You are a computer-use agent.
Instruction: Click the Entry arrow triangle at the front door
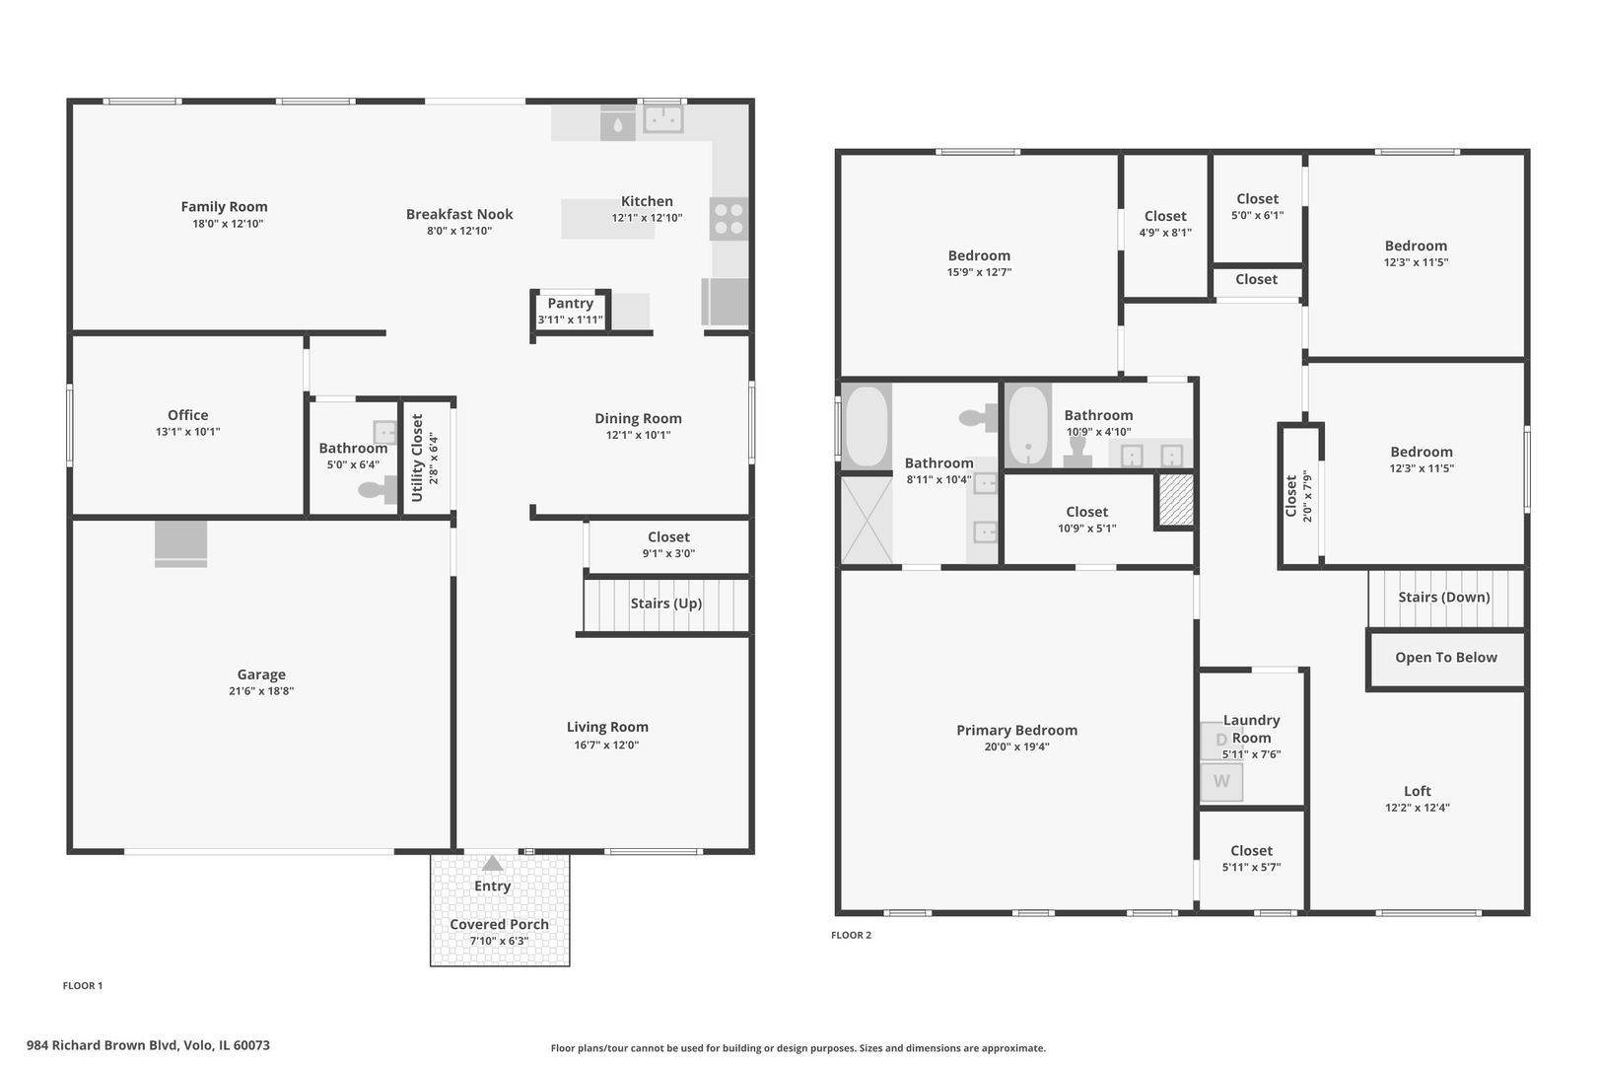(492, 863)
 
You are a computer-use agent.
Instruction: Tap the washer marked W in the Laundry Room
(1221, 782)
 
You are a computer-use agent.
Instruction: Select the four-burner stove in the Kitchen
(729, 219)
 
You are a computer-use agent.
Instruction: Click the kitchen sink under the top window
(663, 119)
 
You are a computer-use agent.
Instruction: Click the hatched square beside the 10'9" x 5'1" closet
(1175, 501)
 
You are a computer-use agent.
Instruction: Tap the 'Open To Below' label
(1446, 658)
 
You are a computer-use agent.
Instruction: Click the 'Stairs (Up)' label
(665, 603)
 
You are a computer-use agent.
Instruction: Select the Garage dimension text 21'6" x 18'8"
(261, 691)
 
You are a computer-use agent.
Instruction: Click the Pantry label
(571, 303)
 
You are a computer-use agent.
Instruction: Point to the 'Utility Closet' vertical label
(417, 458)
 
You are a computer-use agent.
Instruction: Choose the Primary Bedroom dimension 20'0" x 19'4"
(1016, 746)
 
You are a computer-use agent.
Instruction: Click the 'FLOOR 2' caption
(852, 935)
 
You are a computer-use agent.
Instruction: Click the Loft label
(1418, 791)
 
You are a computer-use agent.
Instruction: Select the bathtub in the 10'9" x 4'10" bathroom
(1028, 426)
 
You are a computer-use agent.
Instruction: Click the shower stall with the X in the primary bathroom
(867, 520)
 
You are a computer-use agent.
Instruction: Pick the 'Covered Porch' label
(499, 924)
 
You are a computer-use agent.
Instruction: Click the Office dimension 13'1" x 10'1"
(188, 432)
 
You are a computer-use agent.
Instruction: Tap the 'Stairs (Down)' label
(1444, 597)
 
